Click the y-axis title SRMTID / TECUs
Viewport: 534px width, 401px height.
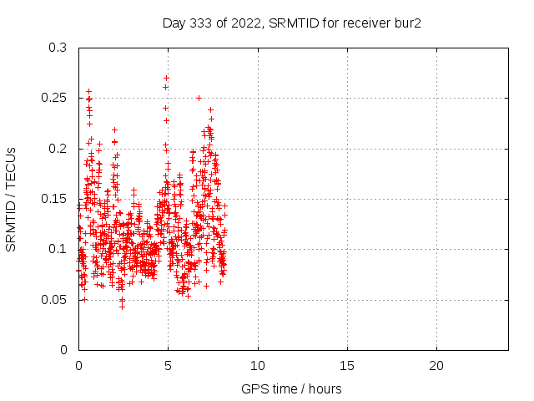(x=12, y=199)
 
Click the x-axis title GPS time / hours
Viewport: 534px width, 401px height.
(x=291, y=388)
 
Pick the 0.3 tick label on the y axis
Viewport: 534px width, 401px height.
(x=58, y=48)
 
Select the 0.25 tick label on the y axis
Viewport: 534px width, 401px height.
(x=54, y=98)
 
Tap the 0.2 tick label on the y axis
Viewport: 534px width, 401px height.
(x=58, y=148)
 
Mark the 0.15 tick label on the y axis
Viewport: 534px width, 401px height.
(x=54, y=199)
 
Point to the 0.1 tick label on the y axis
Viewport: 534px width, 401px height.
(x=58, y=249)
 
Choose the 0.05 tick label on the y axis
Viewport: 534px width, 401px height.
(x=54, y=299)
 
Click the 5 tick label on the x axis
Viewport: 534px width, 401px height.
(x=168, y=366)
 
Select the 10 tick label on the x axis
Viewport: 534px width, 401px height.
(x=258, y=366)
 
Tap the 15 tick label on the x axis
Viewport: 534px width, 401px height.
(x=347, y=366)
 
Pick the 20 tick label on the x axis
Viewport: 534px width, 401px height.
(x=436, y=366)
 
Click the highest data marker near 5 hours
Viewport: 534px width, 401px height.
(x=167, y=78)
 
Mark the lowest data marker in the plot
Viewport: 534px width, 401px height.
(x=122, y=307)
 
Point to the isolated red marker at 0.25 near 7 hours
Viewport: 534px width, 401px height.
(x=199, y=98)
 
